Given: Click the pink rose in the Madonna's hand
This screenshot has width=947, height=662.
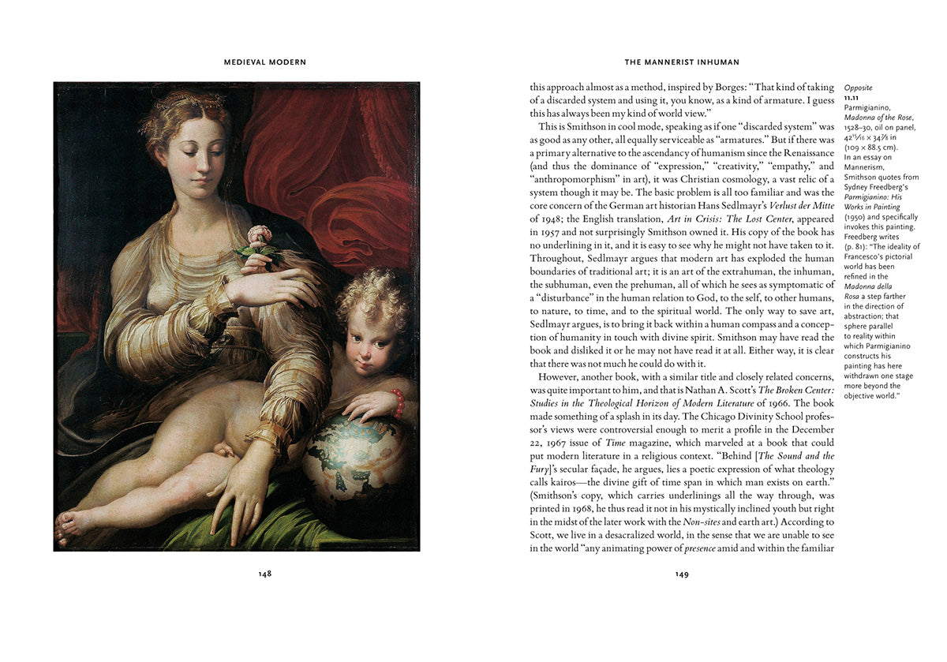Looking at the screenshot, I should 259,234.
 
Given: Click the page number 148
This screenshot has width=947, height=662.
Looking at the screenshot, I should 265,574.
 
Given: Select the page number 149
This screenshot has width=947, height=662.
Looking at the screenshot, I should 682,574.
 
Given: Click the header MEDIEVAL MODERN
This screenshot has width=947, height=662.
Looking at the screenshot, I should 265,62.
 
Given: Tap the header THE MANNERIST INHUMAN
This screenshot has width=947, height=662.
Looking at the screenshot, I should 682,62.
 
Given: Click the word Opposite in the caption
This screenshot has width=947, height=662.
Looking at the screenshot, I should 859,88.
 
